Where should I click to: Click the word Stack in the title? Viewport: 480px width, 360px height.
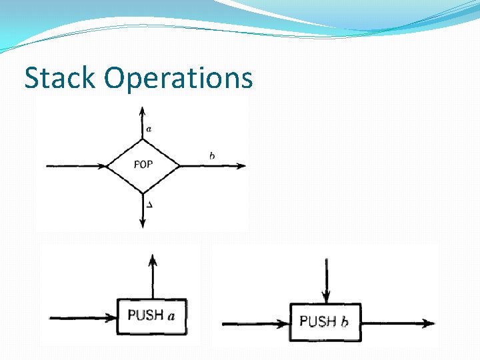[61, 78]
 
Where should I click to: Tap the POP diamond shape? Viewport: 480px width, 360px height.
[143, 165]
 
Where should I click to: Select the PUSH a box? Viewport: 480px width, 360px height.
[153, 316]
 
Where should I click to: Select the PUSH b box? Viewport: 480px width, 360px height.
[325, 322]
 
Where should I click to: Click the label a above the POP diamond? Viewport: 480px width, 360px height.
[148, 129]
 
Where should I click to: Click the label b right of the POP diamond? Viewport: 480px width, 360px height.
[211, 156]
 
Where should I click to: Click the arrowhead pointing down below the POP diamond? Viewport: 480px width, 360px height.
[143, 223]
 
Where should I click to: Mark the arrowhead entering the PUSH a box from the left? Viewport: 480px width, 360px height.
[113, 317]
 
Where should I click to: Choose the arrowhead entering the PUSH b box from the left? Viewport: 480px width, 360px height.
[284, 323]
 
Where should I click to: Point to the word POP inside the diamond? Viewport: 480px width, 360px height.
[143, 165]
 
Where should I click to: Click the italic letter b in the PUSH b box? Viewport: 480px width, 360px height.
[344, 321]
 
